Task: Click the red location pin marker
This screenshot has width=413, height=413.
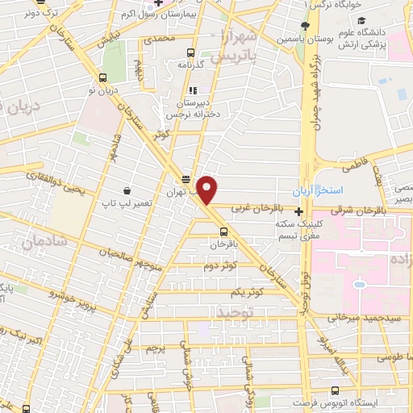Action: tap(207, 190)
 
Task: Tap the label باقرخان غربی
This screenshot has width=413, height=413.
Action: tap(249, 207)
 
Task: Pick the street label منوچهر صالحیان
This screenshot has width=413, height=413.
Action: tap(131, 245)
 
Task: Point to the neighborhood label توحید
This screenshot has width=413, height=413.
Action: tap(234, 311)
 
